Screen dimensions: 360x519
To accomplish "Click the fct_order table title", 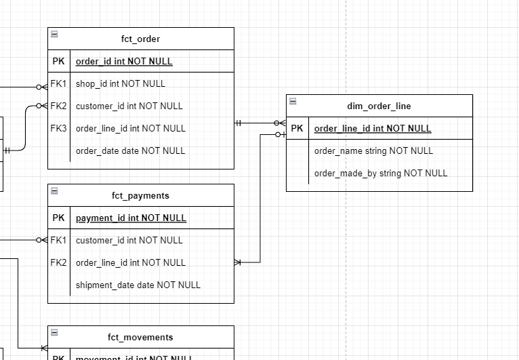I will point(140,39).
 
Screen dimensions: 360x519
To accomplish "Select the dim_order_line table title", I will point(379,106).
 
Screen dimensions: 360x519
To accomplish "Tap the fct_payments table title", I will point(140,196).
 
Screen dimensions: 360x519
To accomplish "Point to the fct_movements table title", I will point(140,337).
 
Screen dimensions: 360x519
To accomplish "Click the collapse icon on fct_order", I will point(54,34).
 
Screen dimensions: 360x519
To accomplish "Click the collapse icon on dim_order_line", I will point(293,101).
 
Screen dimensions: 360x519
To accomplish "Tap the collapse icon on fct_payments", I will point(54,191).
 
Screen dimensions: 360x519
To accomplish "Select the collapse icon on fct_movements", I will point(54,332).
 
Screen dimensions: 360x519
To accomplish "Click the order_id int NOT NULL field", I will point(124,62).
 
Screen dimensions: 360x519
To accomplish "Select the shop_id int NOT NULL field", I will point(121,84).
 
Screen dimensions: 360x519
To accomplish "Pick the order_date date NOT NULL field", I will point(130,151).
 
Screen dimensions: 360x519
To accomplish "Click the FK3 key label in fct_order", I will point(59,128).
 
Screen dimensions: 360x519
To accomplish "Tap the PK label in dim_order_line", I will point(297,128).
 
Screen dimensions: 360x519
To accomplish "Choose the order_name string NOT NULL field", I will point(373,151).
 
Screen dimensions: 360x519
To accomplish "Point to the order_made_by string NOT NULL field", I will point(381,173).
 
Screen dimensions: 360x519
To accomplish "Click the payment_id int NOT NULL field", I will point(131,218).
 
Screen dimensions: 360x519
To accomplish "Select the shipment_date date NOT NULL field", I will point(138,285).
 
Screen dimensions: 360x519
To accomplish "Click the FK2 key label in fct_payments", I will point(59,262).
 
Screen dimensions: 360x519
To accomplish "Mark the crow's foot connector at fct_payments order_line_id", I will point(238,262).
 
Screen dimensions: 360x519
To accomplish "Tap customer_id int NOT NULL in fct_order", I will point(129,106).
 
